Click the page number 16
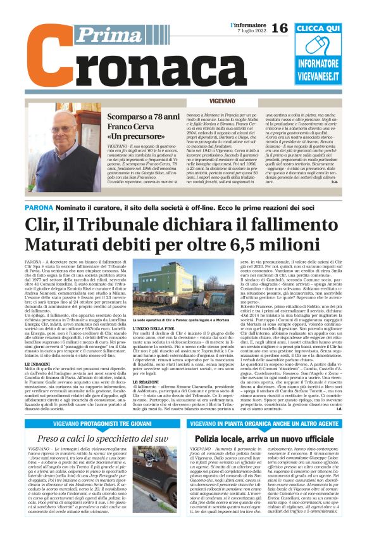[279, 27]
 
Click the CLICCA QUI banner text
[327, 29]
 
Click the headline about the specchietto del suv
[103, 438]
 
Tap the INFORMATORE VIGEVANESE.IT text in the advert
[327, 68]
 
